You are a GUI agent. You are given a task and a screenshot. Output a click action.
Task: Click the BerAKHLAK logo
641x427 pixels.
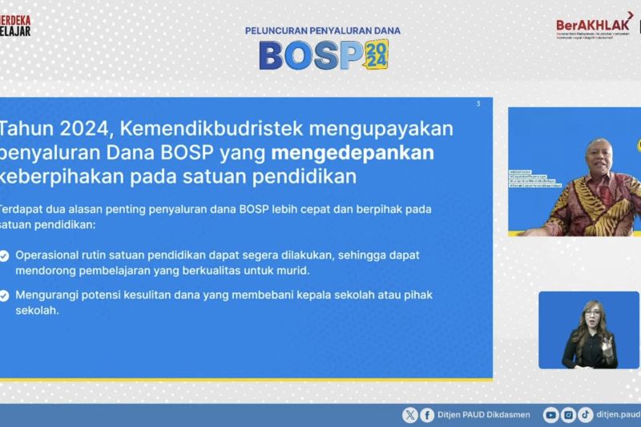595,25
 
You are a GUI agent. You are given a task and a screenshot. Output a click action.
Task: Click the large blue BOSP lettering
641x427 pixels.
309,54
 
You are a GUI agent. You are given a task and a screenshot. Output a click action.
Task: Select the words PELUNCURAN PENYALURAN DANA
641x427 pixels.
322,30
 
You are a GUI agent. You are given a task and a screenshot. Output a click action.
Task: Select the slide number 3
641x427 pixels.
478,103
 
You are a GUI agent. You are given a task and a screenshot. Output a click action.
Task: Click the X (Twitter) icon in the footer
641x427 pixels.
410,414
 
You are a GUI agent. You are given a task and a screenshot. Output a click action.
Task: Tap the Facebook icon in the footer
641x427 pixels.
427,414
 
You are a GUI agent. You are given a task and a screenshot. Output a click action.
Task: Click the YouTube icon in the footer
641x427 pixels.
550,414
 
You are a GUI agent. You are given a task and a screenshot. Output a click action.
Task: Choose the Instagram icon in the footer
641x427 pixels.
568,414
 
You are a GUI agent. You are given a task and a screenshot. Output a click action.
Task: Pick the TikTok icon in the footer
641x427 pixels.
585,414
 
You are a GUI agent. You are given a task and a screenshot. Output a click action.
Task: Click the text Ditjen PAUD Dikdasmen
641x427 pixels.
478,414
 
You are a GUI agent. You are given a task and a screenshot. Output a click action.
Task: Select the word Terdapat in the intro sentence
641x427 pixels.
21,209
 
